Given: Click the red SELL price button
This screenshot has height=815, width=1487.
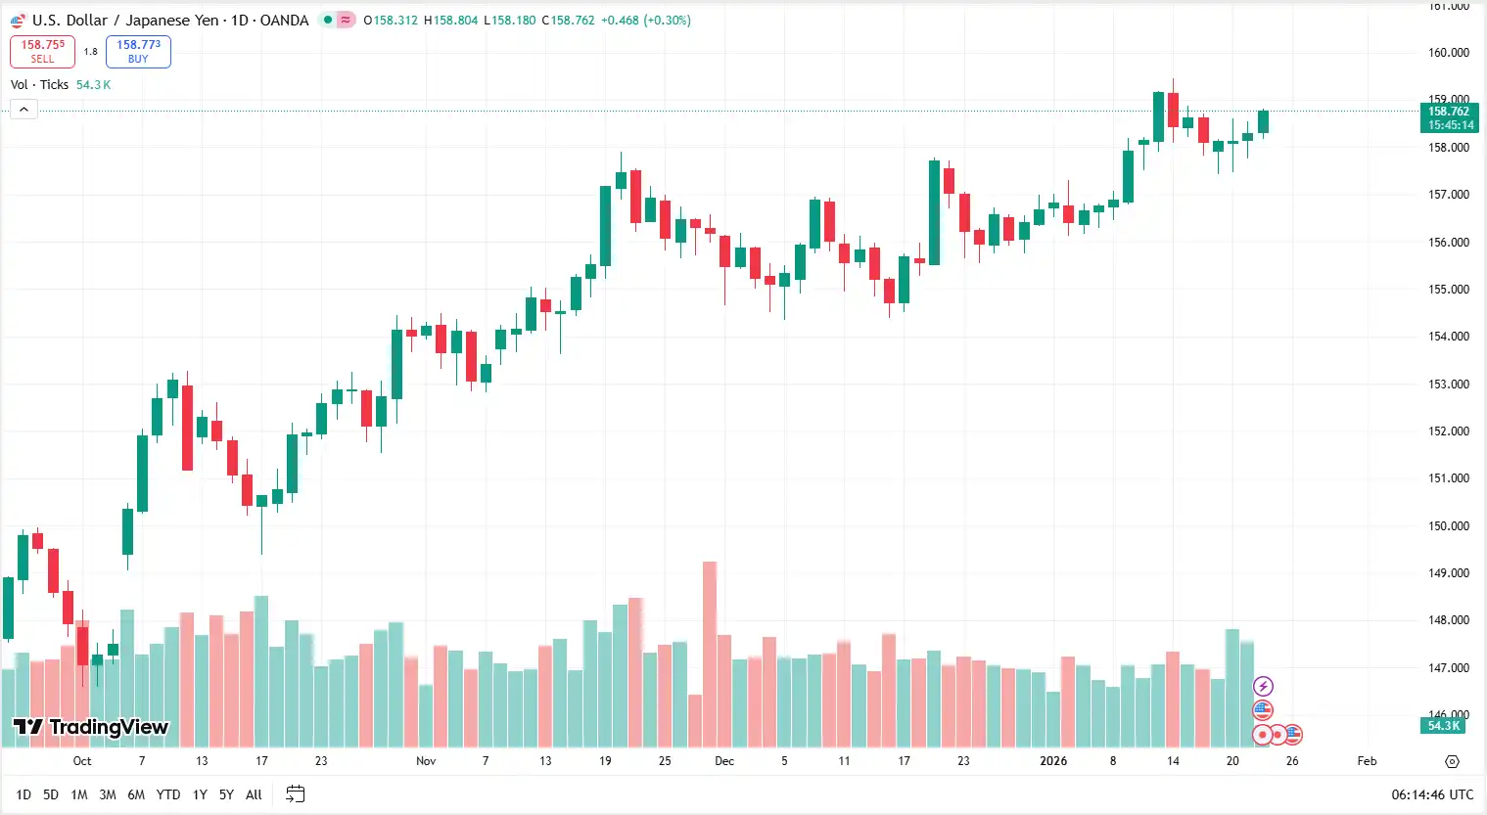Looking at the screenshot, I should (x=42, y=51).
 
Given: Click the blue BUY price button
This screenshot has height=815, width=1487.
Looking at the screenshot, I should (x=138, y=51).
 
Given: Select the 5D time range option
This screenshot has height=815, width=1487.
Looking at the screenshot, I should (x=51, y=794).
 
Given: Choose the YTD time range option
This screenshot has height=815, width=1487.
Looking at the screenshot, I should (x=168, y=794).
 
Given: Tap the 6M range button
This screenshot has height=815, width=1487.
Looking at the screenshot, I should (x=136, y=794).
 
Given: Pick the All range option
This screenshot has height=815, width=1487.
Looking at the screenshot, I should (x=254, y=794).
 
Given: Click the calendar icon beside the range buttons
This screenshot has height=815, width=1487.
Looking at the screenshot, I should (x=295, y=794).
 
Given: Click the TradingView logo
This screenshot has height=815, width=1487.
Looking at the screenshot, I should (x=91, y=727).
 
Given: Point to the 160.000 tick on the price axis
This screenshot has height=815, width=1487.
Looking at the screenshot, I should (x=1448, y=53).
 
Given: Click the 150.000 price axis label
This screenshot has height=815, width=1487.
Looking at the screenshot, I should (x=1448, y=525).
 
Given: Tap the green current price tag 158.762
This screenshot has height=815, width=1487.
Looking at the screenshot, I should (x=1448, y=117).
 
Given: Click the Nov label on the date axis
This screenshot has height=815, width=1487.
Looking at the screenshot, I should (x=426, y=761).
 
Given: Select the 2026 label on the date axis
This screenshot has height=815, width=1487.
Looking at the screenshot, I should (x=1053, y=761).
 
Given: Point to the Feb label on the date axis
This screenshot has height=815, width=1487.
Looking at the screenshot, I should (x=1367, y=761).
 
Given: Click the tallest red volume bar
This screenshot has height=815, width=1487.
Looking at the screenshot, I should (x=710, y=656).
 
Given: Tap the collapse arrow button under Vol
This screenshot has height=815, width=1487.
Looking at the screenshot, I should (x=23, y=110).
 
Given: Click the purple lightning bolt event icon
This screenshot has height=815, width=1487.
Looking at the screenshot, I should (x=1263, y=686).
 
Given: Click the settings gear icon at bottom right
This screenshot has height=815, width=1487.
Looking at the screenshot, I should (x=1452, y=761).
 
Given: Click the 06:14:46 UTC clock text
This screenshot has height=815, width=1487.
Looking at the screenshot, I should (x=1432, y=794).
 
